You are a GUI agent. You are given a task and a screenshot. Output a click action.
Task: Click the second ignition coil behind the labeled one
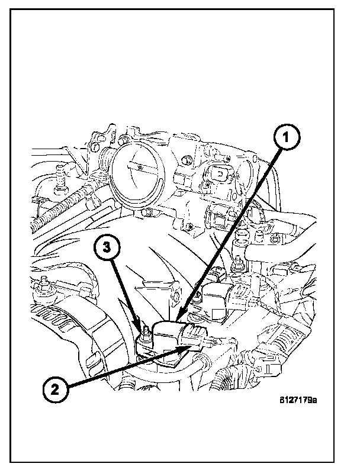tap(216, 293)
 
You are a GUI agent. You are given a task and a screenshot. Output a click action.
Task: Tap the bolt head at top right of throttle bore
tap(187, 160)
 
